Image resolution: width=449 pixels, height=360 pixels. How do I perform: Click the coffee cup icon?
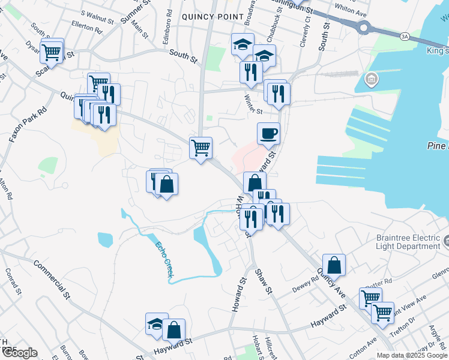(268, 133)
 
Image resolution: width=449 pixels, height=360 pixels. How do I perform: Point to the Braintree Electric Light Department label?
(408, 242)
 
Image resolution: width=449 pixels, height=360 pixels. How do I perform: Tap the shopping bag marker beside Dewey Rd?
(334, 265)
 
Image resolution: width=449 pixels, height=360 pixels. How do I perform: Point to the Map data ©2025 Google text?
(411, 355)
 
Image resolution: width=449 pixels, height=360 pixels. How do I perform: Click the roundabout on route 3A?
(363, 27)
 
